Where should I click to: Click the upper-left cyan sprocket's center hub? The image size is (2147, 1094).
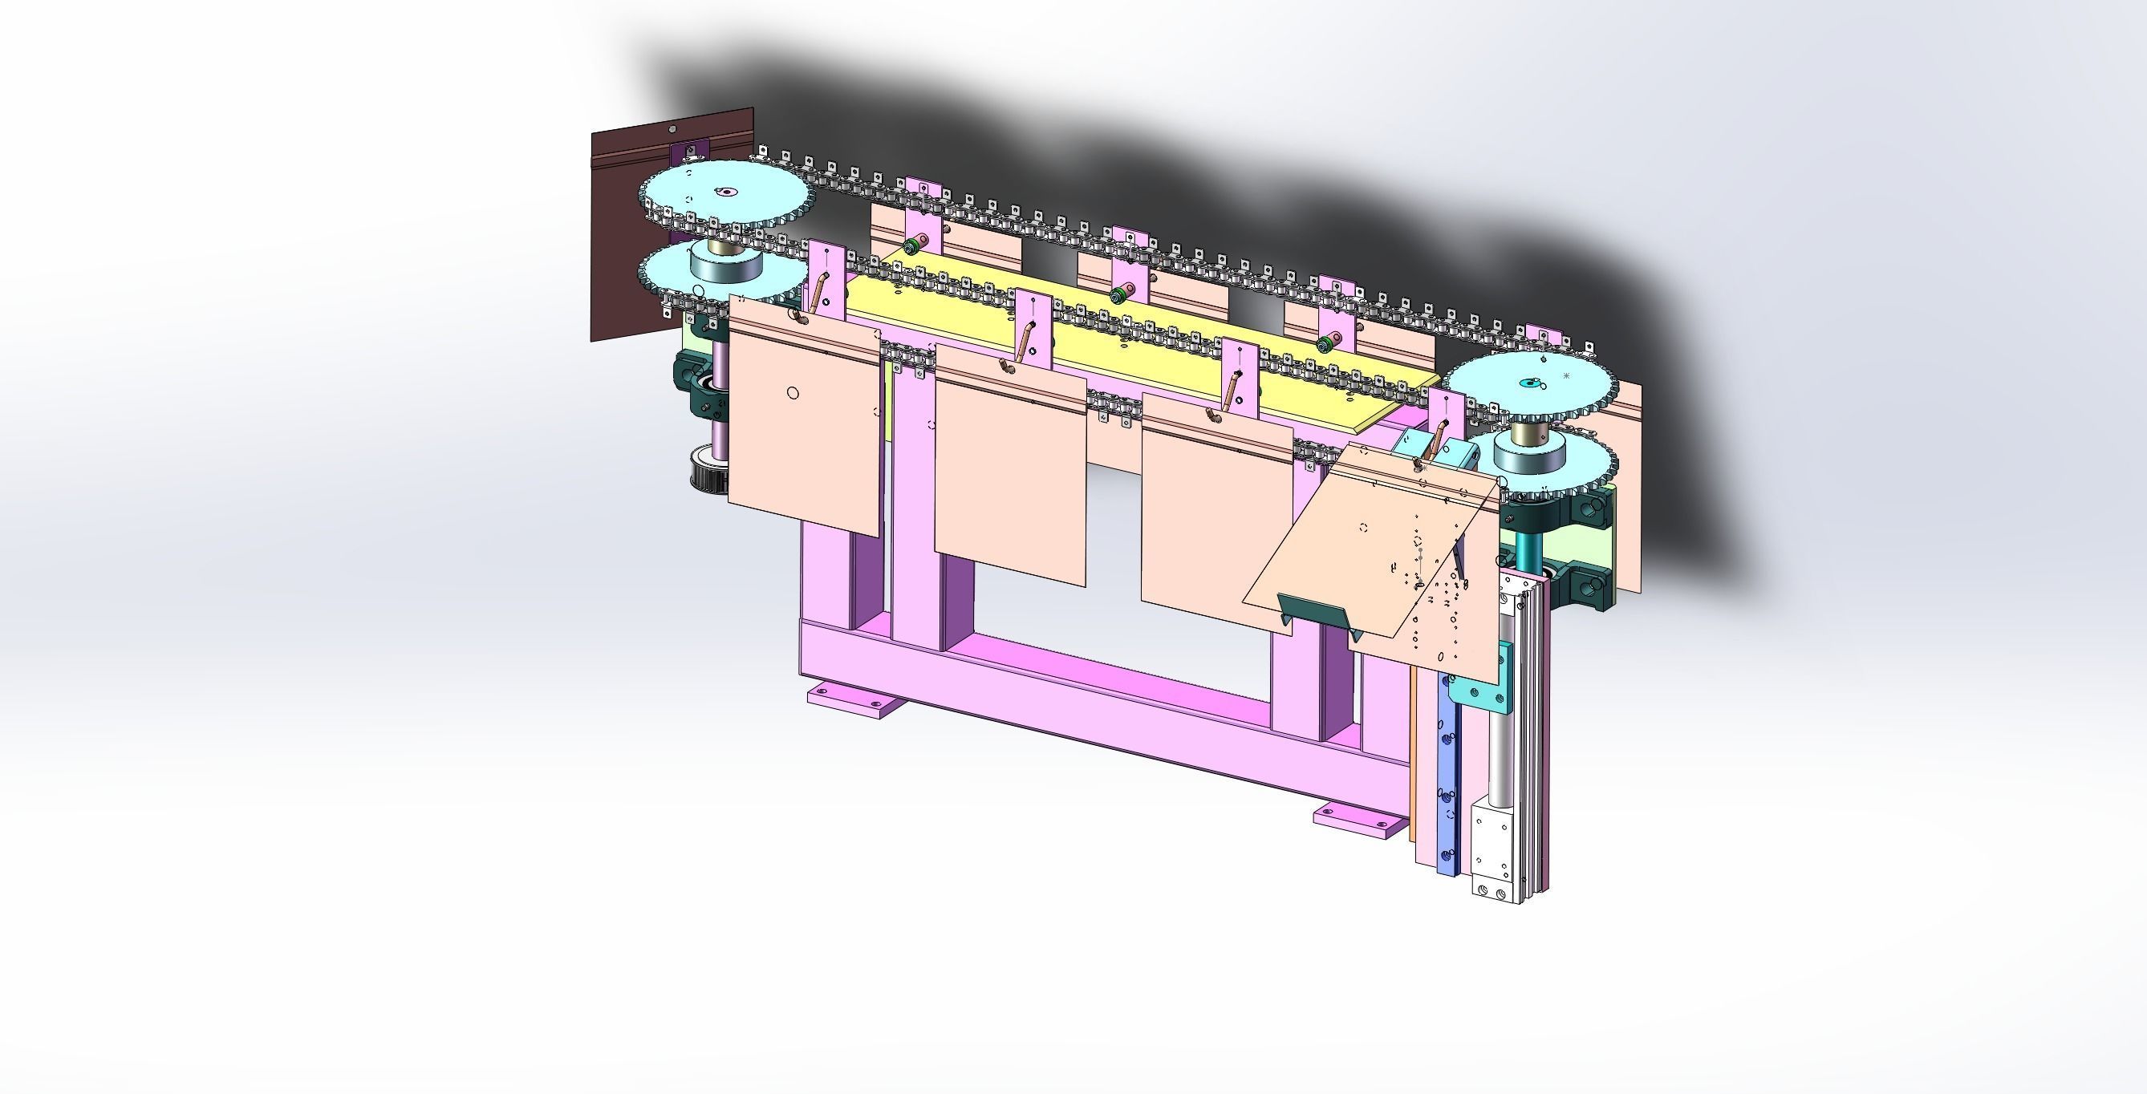[727, 193]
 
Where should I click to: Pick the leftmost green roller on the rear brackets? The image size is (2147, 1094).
[911, 245]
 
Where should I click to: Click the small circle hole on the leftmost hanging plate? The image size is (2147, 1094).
[793, 393]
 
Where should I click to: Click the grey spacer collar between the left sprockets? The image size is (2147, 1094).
[725, 265]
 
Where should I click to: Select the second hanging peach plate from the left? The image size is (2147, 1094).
[1010, 467]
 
